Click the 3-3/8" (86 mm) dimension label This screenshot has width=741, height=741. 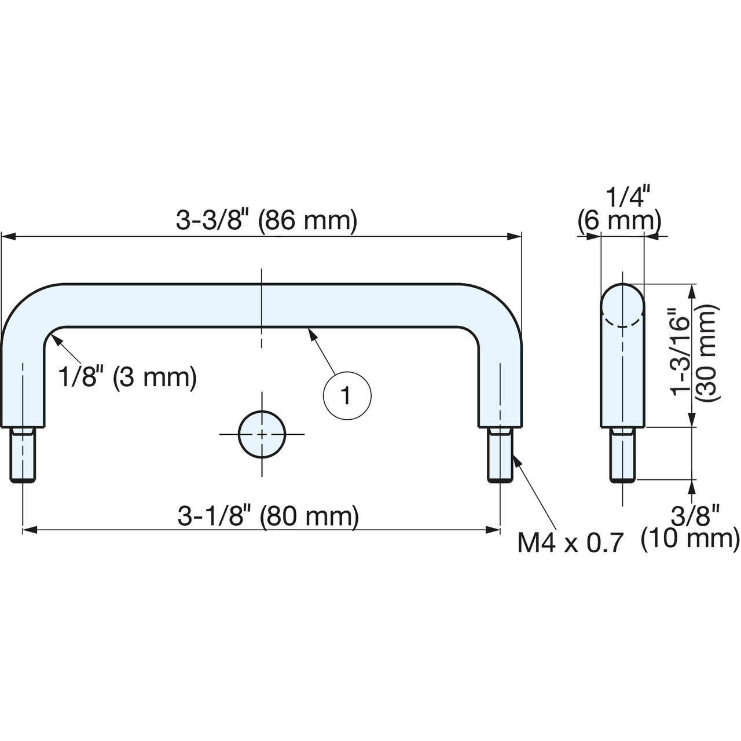point(266,221)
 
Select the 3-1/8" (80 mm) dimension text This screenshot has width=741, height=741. point(268,516)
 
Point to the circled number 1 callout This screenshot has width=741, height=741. point(347,396)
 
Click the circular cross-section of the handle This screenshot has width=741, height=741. point(262,435)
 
